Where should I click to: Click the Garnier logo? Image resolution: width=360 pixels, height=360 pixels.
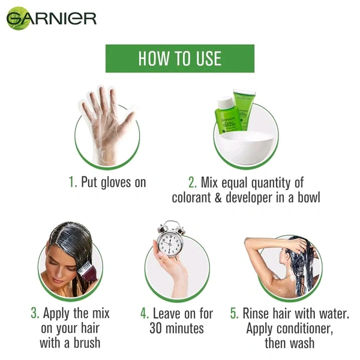pyautogui.click(x=51, y=18)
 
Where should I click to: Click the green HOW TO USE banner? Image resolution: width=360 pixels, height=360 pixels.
pyautogui.click(x=179, y=58)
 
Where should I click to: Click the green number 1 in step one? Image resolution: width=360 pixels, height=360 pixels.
pyautogui.click(x=71, y=182)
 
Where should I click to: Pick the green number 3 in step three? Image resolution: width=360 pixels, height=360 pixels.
pyautogui.click(x=34, y=313)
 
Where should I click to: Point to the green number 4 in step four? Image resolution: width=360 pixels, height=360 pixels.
pyautogui.click(x=144, y=313)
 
